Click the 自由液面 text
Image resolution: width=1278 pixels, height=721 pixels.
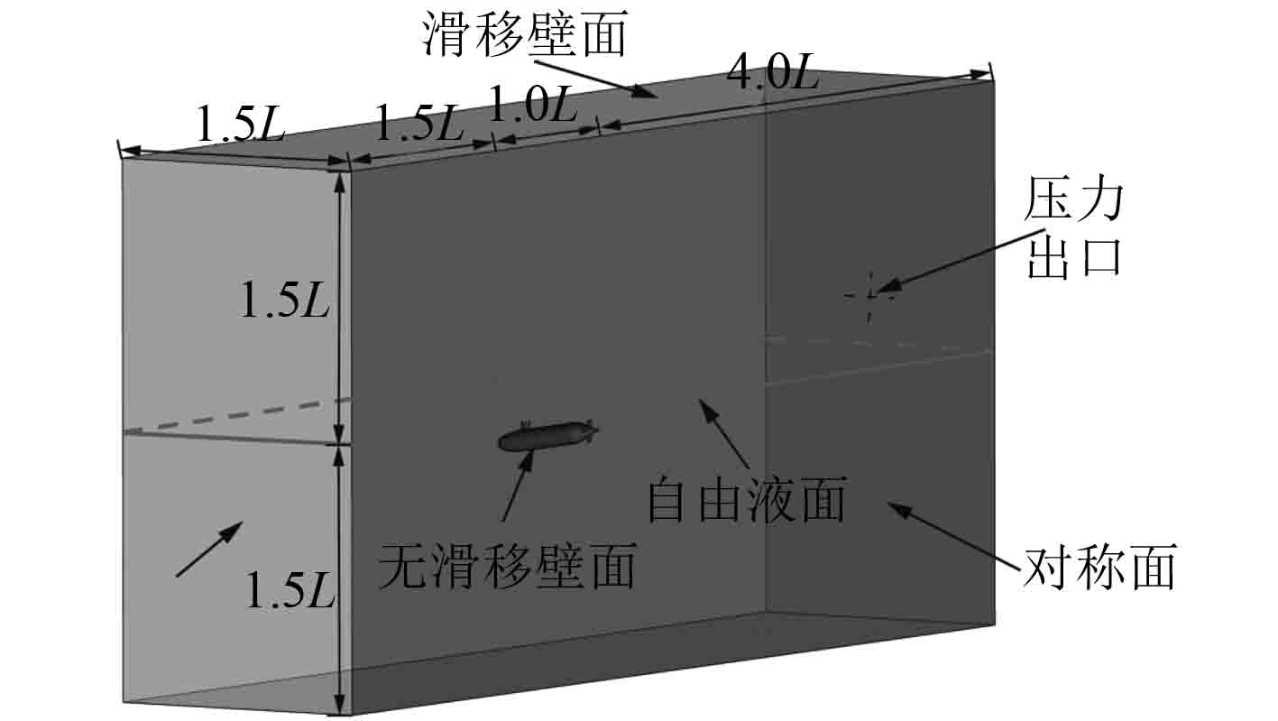coord(747,502)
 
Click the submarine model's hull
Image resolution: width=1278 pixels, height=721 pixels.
coord(541,437)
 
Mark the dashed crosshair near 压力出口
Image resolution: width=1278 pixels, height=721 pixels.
coord(870,295)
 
